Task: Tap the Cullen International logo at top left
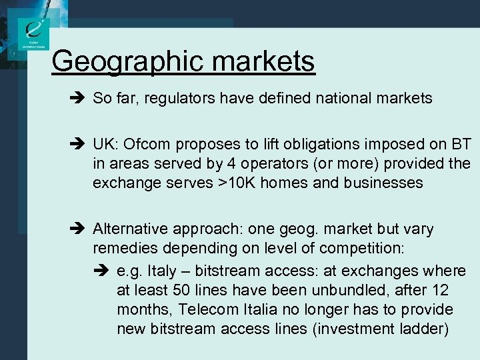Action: (x=34, y=33)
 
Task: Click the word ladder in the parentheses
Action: (x=427, y=329)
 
